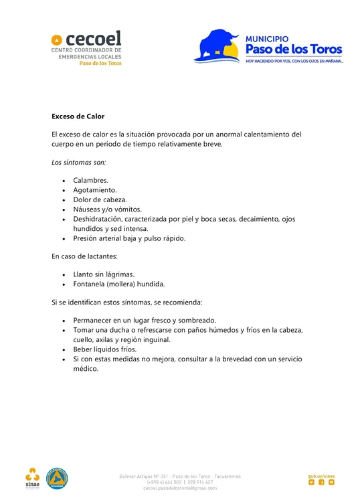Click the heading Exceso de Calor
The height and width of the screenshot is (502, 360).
pyautogui.click(x=78, y=116)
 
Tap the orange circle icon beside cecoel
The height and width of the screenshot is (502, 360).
pyautogui.click(x=57, y=39)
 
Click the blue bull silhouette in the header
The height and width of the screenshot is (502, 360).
pyautogui.click(x=217, y=46)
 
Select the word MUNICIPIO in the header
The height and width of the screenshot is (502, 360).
pyautogui.click(x=267, y=39)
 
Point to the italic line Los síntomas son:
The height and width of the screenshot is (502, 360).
pyautogui.click(x=78, y=163)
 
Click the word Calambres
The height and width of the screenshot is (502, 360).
pyautogui.click(x=90, y=181)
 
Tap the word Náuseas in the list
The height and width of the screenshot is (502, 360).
pyautogui.click(x=88, y=209)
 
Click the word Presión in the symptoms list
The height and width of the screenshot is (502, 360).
pyautogui.click(x=87, y=238)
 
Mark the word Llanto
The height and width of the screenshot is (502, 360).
pyautogui.click(x=85, y=274)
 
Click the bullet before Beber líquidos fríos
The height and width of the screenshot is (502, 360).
pyautogui.click(x=64, y=349)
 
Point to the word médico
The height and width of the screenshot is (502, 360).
pyautogui.click(x=86, y=368)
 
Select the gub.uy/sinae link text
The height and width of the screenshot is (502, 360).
pyautogui.click(x=321, y=476)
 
